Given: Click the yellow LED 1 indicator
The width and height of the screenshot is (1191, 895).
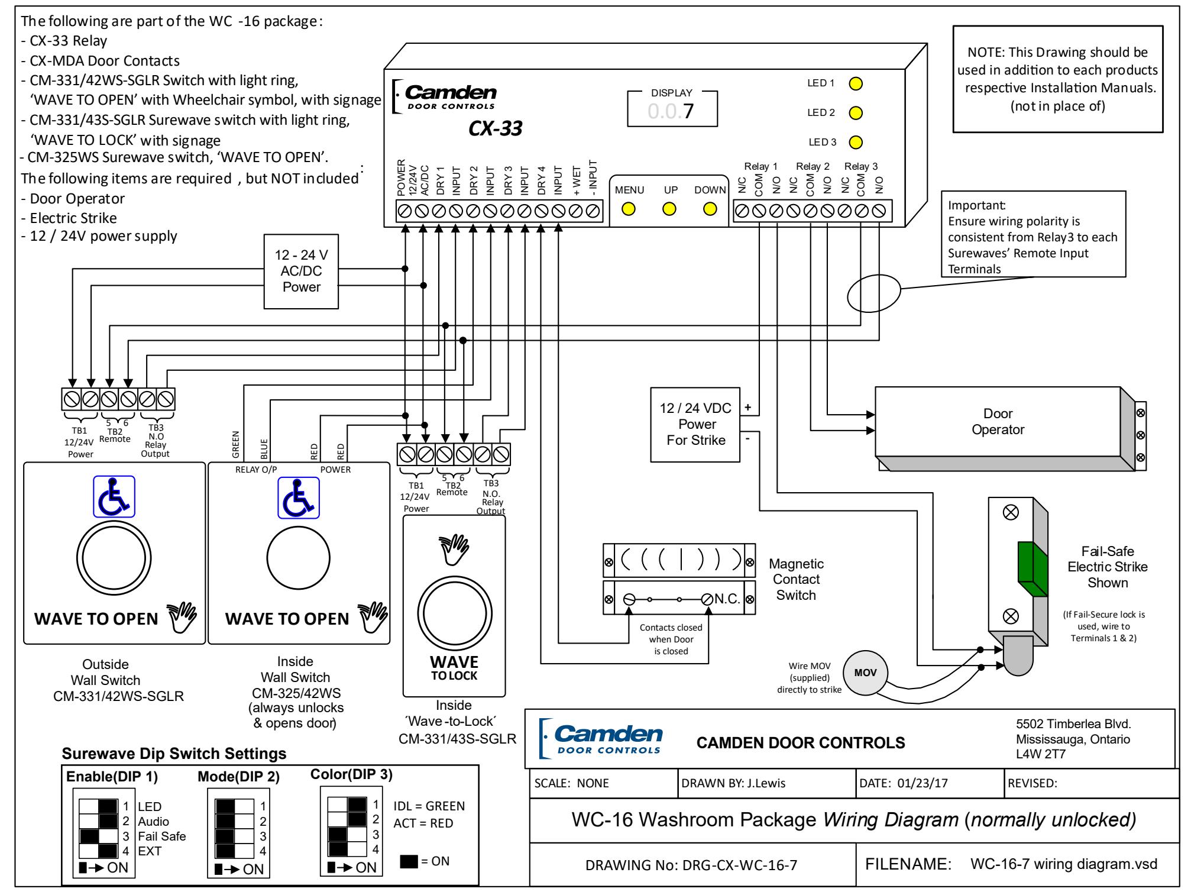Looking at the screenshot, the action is (855, 83).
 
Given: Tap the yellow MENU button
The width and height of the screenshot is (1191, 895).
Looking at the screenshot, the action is (629, 209).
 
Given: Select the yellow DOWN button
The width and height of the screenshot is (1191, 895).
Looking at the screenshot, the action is (710, 209).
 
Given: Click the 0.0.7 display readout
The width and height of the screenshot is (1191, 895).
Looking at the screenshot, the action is (671, 111).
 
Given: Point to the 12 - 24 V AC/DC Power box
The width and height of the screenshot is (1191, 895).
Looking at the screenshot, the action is (302, 272).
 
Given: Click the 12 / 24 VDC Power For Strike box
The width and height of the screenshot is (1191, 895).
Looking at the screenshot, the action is (695, 424).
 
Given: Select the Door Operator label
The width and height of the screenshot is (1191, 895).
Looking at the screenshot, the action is (998, 422).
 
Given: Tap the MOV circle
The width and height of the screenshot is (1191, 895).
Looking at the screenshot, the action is (865, 673).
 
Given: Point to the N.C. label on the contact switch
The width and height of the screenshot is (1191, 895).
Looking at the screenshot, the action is (727, 599).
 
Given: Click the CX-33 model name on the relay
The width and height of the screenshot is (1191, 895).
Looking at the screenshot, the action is (495, 128).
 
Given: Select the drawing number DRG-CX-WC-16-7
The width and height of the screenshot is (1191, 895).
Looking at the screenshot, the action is (691, 865).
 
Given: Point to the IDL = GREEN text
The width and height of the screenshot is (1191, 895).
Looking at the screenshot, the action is (429, 806).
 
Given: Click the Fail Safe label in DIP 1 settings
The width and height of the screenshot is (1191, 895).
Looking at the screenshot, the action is (161, 836).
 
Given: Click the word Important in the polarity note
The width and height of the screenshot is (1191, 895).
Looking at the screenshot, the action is (975, 205).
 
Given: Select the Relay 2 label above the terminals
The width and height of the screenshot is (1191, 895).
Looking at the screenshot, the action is (813, 167).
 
